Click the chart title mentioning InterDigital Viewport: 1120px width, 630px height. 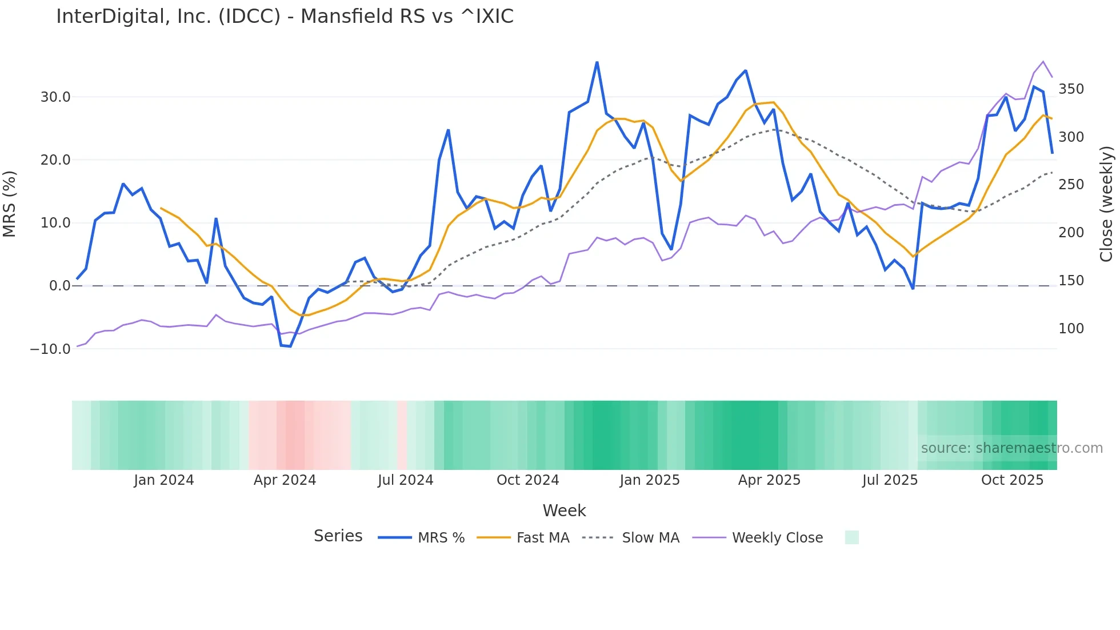(285, 17)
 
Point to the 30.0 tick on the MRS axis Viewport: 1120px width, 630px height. (55, 97)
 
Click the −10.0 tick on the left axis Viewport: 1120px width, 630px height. (50, 349)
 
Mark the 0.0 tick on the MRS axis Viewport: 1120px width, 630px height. (59, 286)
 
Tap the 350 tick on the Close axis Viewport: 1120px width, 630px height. (1071, 89)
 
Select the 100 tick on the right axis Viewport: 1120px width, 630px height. (1071, 329)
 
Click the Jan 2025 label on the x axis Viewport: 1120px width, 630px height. (650, 480)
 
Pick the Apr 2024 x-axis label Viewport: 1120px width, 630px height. (285, 480)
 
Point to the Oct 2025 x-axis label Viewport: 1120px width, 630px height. (1012, 480)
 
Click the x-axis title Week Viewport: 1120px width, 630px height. (564, 511)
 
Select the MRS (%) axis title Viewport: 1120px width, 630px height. (10, 204)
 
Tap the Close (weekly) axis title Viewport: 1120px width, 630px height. (1107, 204)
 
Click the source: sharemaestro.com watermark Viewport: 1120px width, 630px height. (1011, 448)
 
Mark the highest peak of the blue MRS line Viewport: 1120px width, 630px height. (597, 62)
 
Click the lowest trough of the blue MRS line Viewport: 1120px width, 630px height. (290, 346)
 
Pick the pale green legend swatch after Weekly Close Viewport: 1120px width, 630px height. (851, 537)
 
